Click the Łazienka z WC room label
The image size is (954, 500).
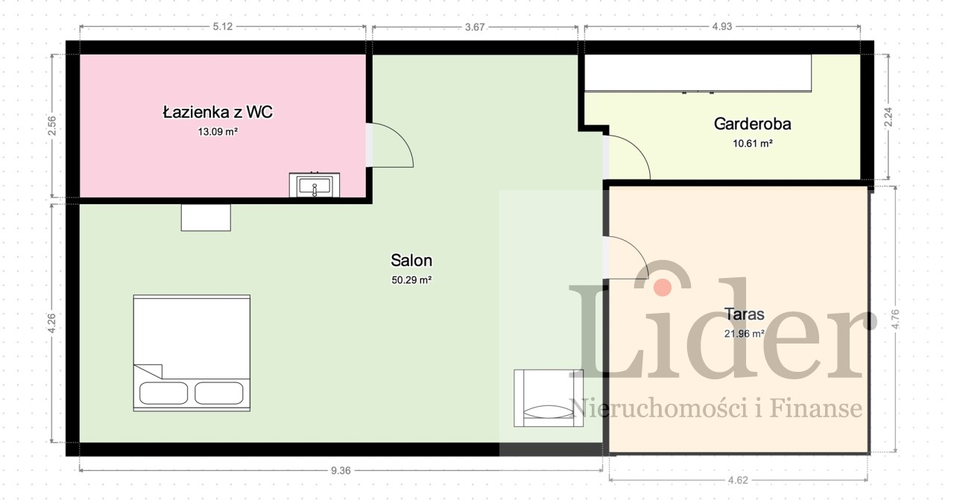coord(218,112)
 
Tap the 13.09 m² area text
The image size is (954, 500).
coord(218,132)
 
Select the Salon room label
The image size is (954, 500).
coord(411,260)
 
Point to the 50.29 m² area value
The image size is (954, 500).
coord(411,280)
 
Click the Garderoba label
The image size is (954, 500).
coord(753,124)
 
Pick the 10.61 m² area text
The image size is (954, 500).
coord(753,144)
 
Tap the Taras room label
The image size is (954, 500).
coord(745,314)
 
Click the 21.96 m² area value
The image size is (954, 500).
coord(745,334)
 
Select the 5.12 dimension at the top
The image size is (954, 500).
coord(223,26)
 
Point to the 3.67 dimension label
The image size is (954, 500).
coord(475,27)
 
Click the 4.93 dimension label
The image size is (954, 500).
coord(722,26)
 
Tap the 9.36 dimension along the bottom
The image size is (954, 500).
coord(341,470)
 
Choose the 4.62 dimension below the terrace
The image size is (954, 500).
coord(738,480)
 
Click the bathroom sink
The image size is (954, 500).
coord(315,185)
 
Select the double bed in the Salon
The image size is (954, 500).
coord(192,353)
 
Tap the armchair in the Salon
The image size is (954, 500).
coord(549,398)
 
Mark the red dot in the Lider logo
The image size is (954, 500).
coord(663,288)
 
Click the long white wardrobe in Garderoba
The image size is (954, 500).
coord(698,73)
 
